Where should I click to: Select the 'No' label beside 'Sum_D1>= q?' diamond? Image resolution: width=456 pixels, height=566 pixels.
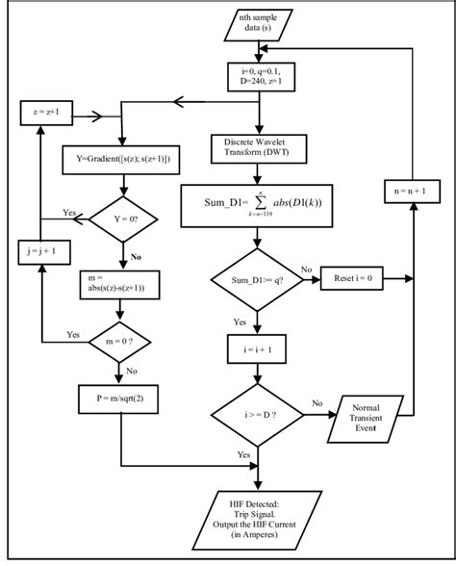pyautogui.click(x=307, y=270)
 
